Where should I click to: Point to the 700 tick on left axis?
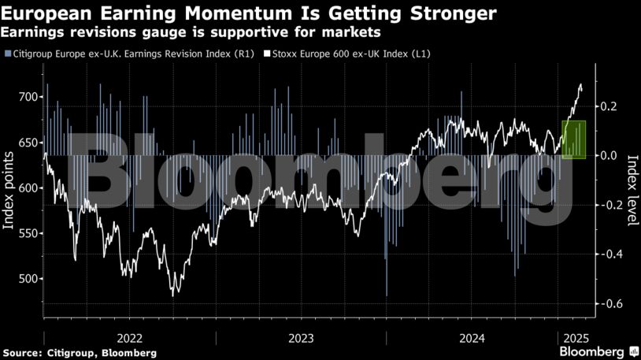[28, 97]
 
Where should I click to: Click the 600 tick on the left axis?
[28, 187]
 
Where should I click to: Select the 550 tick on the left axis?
[28, 233]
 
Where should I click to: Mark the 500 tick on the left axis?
[28, 279]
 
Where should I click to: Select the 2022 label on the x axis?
[129, 336]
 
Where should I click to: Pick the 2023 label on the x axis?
[301, 336]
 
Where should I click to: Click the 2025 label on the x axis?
[572, 336]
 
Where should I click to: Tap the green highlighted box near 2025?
[574, 139]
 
